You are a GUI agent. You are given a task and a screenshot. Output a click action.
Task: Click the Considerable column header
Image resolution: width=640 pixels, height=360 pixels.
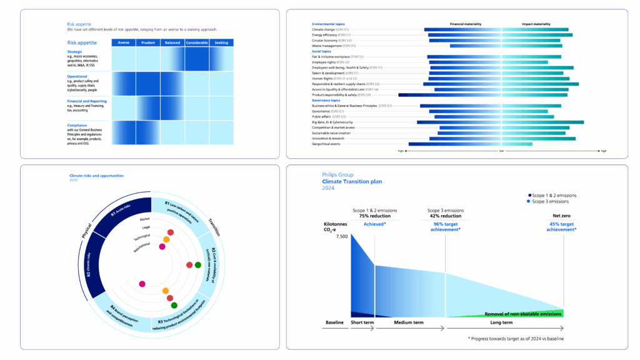[197, 42]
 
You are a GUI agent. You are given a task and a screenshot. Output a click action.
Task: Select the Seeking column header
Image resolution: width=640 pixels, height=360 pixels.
[221, 42]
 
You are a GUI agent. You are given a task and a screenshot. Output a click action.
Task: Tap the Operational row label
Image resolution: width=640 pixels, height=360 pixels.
[78, 76]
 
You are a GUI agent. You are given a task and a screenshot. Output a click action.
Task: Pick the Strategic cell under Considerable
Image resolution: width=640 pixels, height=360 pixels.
[197, 59]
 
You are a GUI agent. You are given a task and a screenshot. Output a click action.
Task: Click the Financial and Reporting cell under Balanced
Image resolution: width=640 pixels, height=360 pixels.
[172, 107]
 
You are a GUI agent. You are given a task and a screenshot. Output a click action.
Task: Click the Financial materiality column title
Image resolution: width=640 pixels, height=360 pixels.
[466, 24]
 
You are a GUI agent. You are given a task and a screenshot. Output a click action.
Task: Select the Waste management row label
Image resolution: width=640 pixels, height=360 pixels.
[334, 46]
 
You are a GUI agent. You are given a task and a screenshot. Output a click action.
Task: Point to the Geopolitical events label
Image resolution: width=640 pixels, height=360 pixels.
[326, 144]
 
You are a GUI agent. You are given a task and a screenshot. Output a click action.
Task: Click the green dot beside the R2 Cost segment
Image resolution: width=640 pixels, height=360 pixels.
[198, 265]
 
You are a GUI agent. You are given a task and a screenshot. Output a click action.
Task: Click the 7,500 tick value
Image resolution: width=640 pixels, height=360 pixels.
[341, 237]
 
